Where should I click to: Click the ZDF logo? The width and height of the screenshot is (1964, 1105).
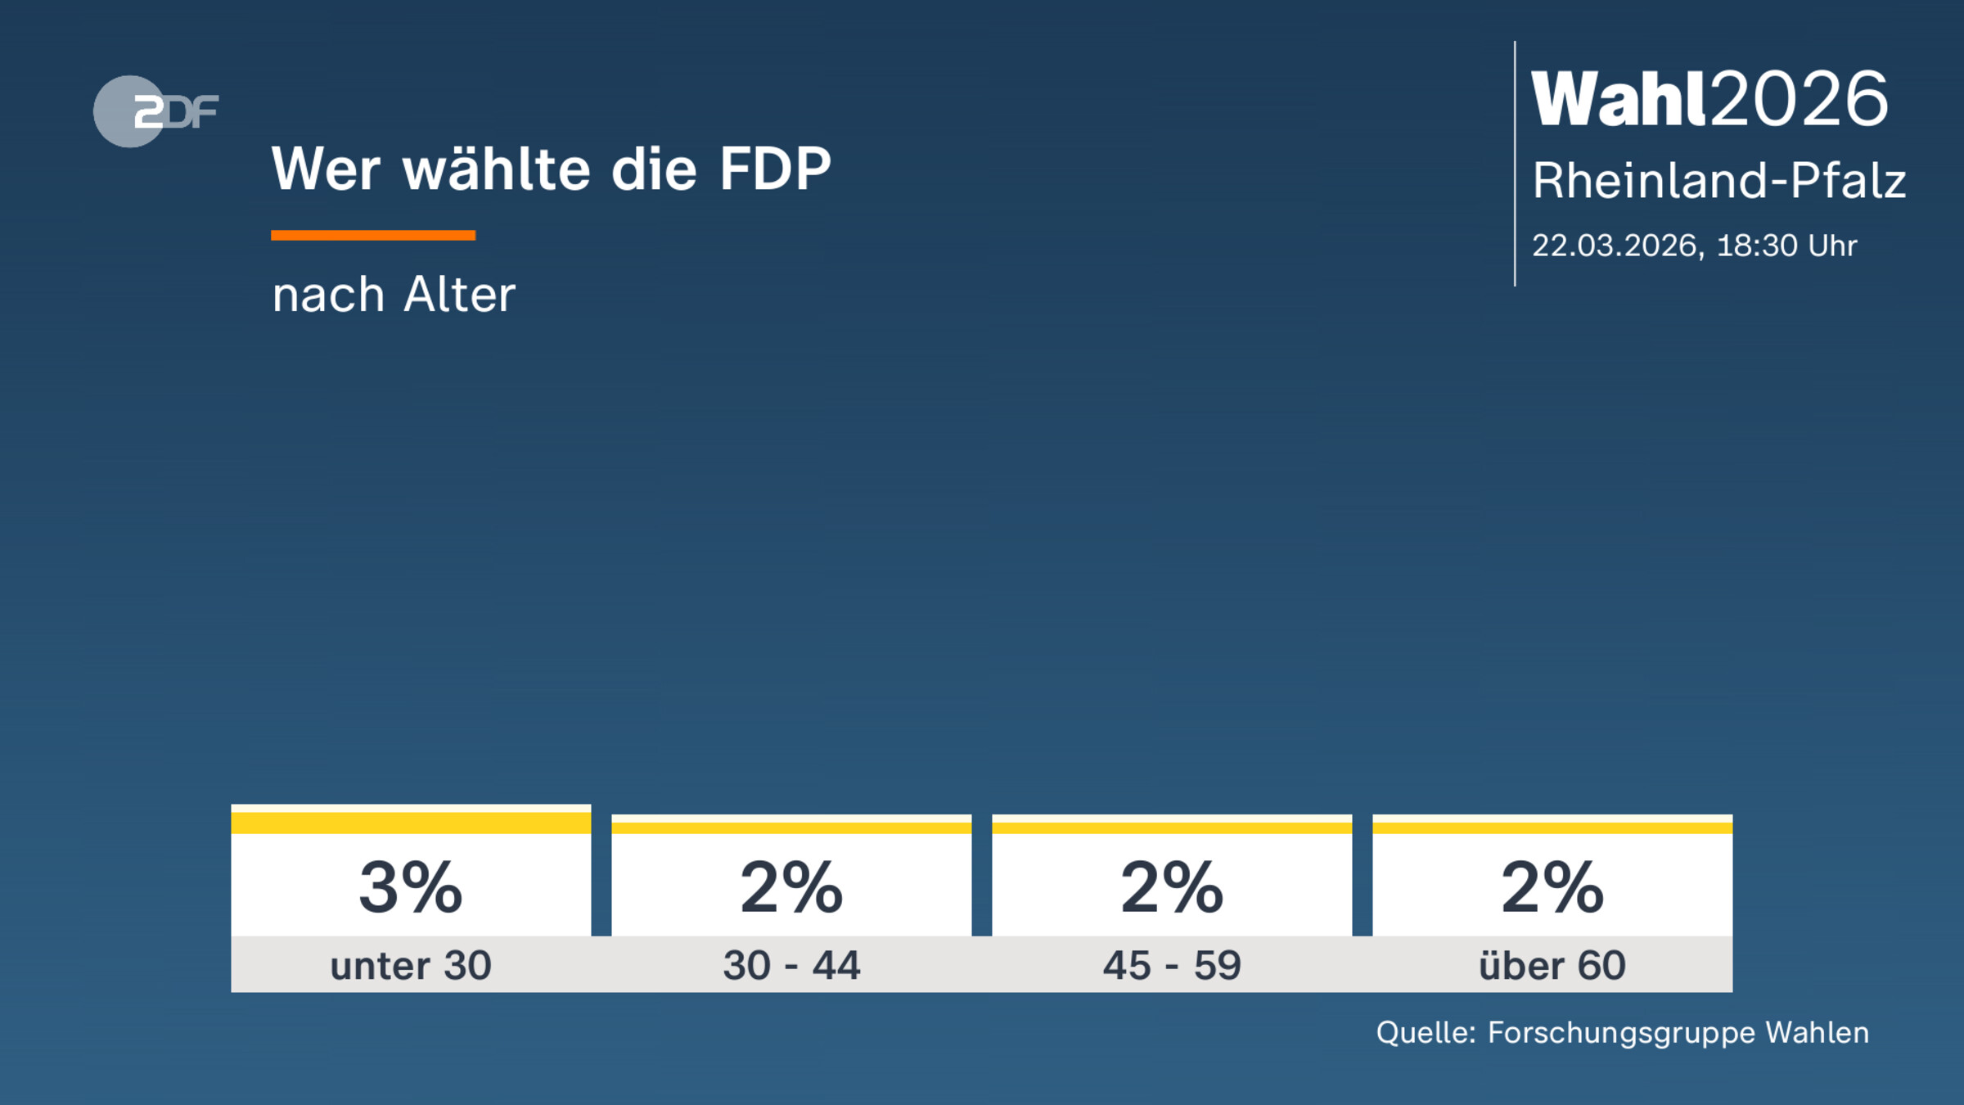pyautogui.click(x=155, y=111)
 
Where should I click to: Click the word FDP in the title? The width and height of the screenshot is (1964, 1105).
pyautogui.click(x=775, y=169)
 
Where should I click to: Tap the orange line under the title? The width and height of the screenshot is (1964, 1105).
pyautogui.click(x=373, y=236)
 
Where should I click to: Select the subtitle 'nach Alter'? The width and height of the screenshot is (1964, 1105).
pyautogui.click(x=394, y=295)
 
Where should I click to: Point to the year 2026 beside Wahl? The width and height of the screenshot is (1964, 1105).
pyautogui.click(x=1800, y=99)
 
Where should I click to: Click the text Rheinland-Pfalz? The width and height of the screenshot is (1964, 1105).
pyautogui.click(x=1718, y=180)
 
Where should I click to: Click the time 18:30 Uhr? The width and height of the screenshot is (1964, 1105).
pyautogui.click(x=1786, y=246)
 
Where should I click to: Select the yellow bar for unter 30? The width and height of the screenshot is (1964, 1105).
pyautogui.click(x=411, y=823)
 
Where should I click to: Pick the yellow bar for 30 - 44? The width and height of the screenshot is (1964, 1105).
pyautogui.click(x=791, y=828)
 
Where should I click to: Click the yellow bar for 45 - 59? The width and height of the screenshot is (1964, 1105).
pyautogui.click(x=1172, y=828)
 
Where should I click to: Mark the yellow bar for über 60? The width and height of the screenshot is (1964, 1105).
pyautogui.click(x=1552, y=828)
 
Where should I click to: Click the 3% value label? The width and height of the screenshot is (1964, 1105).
pyautogui.click(x=411, y=887)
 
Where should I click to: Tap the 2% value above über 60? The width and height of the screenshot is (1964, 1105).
pyautogui.click(x=1552, y=887)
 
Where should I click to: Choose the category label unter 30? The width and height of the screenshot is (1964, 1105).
pyautogui.click(x=411, y=966)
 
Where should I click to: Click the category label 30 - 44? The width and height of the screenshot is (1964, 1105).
pyautogui.click(x=791, y=966)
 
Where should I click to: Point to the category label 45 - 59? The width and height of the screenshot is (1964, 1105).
pyautogui.click(x=1172, y=966)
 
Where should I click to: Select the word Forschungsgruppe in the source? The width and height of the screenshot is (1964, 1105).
pyautogui.click(x=1621, y=1033)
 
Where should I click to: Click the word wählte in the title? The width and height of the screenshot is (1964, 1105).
pyautogui.click(x=497, y=169)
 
